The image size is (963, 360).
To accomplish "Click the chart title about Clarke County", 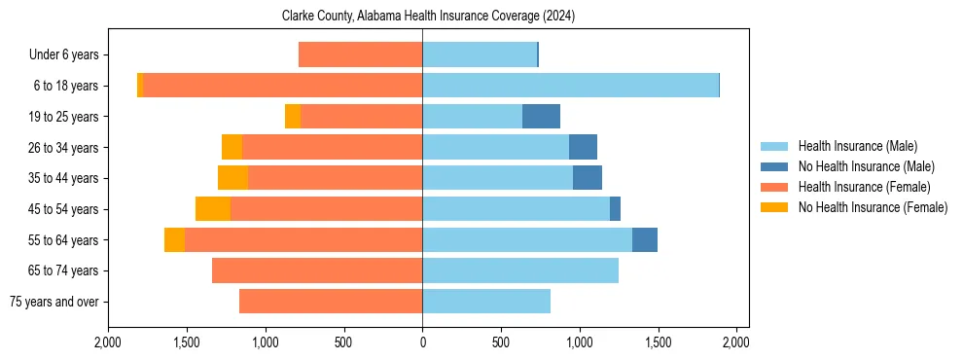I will [x=422, y=17].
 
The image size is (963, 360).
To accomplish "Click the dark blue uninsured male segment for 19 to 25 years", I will [x=541, y=117].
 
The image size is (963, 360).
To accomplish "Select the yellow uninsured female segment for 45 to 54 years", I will [x=213, y=209].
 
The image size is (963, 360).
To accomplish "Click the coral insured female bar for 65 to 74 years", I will [x=317, y=270].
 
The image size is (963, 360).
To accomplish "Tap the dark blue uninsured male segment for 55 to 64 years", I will [x=645, y=239].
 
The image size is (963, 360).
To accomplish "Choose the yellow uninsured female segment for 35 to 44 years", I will [x=232, y=178].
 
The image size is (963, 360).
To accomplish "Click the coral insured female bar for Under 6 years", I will [x=360, y=55].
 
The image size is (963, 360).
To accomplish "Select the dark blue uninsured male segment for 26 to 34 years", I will [x=583, y=147].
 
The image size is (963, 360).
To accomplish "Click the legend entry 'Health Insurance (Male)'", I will [x=857, y=146].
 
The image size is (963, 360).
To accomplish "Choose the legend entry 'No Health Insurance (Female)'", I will [x=873, y=207].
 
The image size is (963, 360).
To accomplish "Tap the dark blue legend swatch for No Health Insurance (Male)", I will [x=774, y=166].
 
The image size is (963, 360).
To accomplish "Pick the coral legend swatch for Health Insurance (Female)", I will [x=774, y=187].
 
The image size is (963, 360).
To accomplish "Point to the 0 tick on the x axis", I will [x=422, y=343].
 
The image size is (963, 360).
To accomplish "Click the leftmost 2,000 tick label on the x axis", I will [x=108, y=343].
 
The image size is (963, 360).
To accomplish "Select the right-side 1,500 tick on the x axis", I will [x=658, y=343].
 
